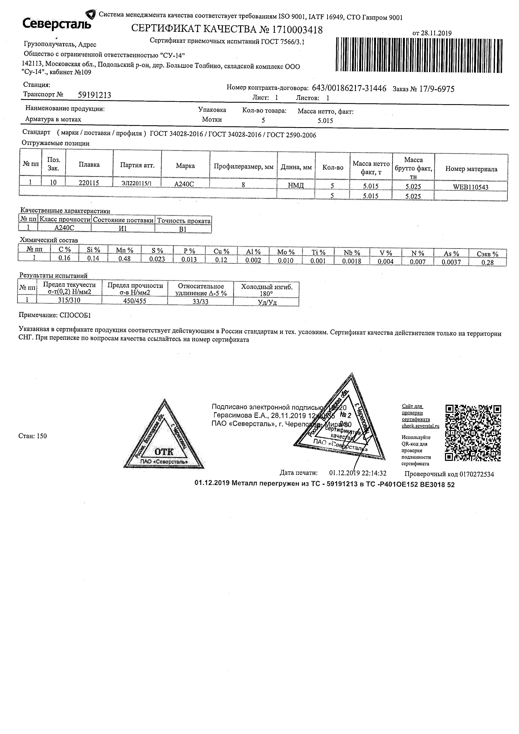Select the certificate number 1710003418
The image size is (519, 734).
pos(297,30)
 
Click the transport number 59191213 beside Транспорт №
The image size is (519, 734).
pos(95,95)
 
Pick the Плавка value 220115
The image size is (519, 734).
pos(89,183)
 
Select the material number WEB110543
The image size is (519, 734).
pos(471,187)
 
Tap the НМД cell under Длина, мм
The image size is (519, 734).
pos(296,185)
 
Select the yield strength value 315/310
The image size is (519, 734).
pos(69,300)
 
